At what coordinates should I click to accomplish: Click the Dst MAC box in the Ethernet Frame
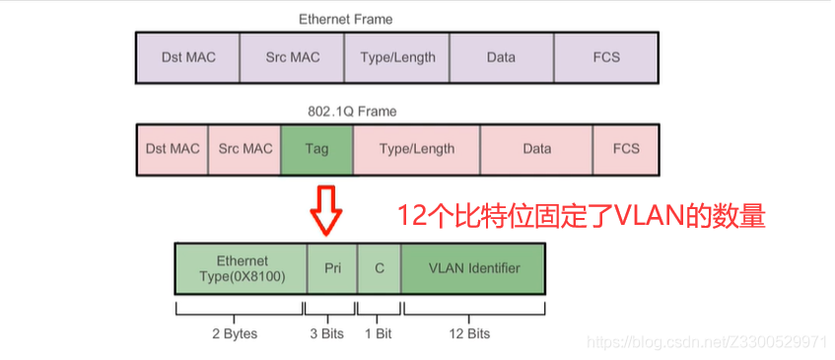pyautogui.click(x=186, y=57)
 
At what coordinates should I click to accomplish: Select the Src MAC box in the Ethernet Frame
pyautogui.click(x=293, y=57)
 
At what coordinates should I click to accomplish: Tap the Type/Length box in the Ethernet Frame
pyautogui.click(x=397, y=57)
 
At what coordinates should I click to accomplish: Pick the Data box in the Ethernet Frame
pyautogui.click(x=501, y=57)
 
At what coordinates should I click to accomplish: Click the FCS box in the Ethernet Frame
pyautogui.click(x=606, y=57)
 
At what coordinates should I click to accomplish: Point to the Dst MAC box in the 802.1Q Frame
pyautogui.click(x=173, y=149)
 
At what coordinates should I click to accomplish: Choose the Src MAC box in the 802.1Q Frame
pyautogui.click(x=244, y=149)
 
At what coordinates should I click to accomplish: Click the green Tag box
pyautogui.click(x=316, y=149)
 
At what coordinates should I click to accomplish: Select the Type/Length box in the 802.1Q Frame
pyautogui.click(x=417, y=149)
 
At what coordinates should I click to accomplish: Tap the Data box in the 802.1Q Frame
pyautogui.click(x=536, y=149)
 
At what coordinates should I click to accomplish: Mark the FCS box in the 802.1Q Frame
pyautogui.click(x=626, y=149)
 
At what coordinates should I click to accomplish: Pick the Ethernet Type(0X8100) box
pyautogui.click(x=242, y=268)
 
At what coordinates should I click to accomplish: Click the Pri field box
pyautogui.click(x=332, y=268)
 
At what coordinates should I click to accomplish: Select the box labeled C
pyautogui.click(x=379, y=268)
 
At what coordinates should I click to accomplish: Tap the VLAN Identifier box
pyautogui.click(x=474, y=268)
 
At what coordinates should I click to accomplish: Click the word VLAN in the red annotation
pyautogui.click(x=642, y=216)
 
